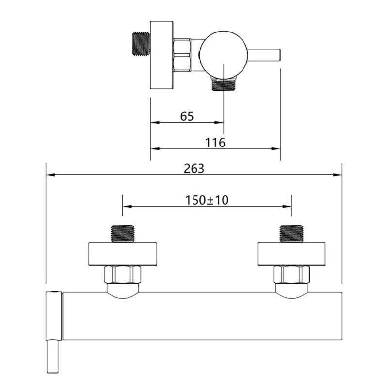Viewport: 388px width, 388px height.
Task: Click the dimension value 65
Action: [187, 116]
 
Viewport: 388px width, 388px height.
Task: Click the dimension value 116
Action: [215, 143]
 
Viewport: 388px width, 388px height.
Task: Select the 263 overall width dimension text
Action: [194, 169]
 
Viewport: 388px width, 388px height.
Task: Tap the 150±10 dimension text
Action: [207, 200]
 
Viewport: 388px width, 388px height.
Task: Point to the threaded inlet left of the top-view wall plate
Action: [141, 44]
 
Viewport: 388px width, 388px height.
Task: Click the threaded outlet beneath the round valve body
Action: [224, 83]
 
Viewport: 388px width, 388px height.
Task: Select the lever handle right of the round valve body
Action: [264, 55]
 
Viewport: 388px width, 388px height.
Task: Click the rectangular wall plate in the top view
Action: [162, 55]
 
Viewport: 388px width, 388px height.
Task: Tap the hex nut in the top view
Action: [181, 55]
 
